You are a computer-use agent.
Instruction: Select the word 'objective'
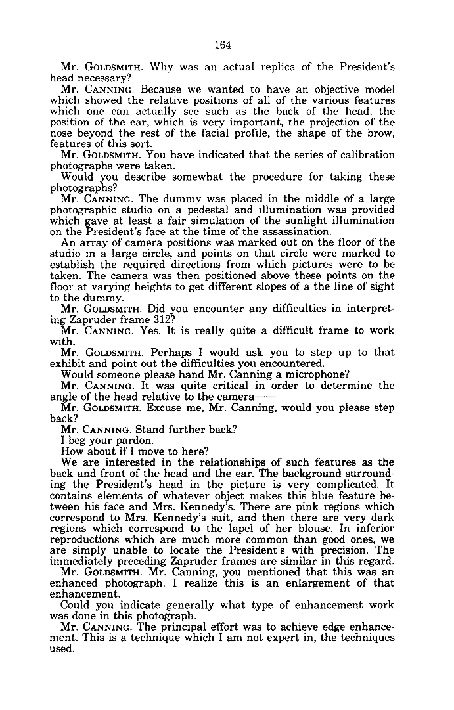pos(323,89)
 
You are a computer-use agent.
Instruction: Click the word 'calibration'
pos(362,155)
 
